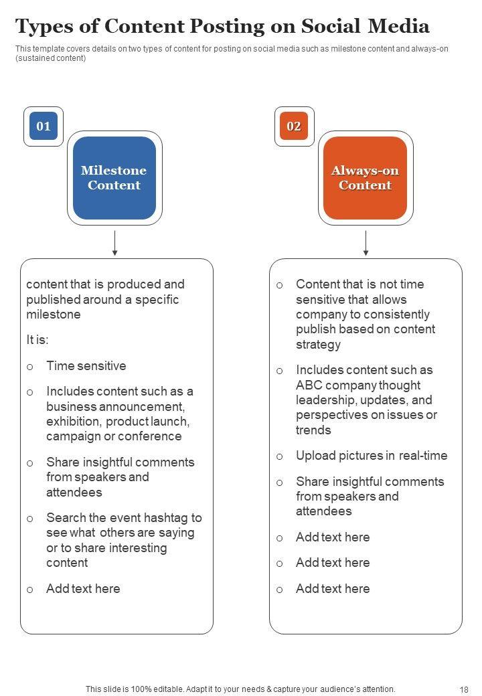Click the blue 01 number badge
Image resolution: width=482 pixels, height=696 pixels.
[x=44, y=126]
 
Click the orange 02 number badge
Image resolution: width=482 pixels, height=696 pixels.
[x=294, y=126]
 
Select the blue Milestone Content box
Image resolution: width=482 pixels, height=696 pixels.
[x=114, y=178]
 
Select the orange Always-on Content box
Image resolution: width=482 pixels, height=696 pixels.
[x=365, y=178]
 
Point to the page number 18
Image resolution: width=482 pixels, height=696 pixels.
[x=465, y=689]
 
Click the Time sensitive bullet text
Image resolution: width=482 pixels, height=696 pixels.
[x=86, y=366]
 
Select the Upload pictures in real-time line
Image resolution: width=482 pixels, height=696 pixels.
[x=372, y=456]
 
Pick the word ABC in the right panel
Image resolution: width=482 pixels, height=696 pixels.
[x=309, y=385]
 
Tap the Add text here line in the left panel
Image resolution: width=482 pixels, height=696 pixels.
[x=83, y=589]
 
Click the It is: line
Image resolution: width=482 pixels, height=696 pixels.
[x=37, y=340]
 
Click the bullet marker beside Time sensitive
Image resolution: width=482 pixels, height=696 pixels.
[x=30, y=367]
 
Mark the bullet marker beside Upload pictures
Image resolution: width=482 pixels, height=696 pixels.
[x=280, y=456]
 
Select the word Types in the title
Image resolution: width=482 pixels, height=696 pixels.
[x=44, y=27]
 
